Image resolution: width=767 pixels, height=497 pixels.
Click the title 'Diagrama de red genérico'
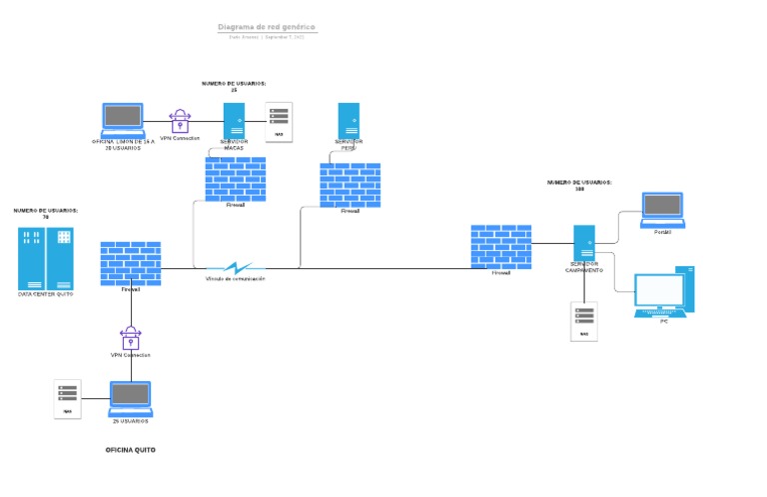tap(267, 27)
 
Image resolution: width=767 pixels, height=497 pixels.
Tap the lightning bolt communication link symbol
tap(237, 267)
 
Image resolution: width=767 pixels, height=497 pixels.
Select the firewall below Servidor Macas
tap(236, 178)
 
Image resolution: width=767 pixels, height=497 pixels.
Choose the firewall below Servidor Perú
tap(350, 185)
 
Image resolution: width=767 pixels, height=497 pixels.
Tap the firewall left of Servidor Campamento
tap(500, 246)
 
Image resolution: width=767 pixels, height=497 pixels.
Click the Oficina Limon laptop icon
tap(123, 119)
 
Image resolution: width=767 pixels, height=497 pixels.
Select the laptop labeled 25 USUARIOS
tap(130, 398)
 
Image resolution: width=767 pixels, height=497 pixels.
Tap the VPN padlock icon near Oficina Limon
tap(180, 121)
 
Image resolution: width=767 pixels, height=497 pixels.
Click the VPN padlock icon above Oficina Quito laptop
tap(130, 336)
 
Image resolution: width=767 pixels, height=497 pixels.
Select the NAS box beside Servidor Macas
tap(279, 120)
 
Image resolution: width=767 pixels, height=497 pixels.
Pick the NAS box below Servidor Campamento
tap(584, 321)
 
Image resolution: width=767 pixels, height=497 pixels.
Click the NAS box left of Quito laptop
tap(68, 399)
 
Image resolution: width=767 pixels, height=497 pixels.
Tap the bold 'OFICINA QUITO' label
tap(131, 450)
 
